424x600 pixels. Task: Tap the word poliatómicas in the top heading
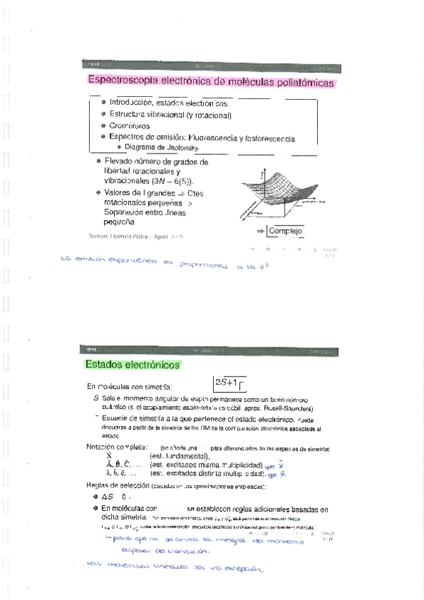click(x=298, y=83)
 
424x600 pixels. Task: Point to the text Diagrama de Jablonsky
click(x=162, y=147)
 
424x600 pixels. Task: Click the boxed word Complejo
click(x=285, y=231)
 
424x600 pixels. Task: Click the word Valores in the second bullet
click(x=119, y=192)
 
